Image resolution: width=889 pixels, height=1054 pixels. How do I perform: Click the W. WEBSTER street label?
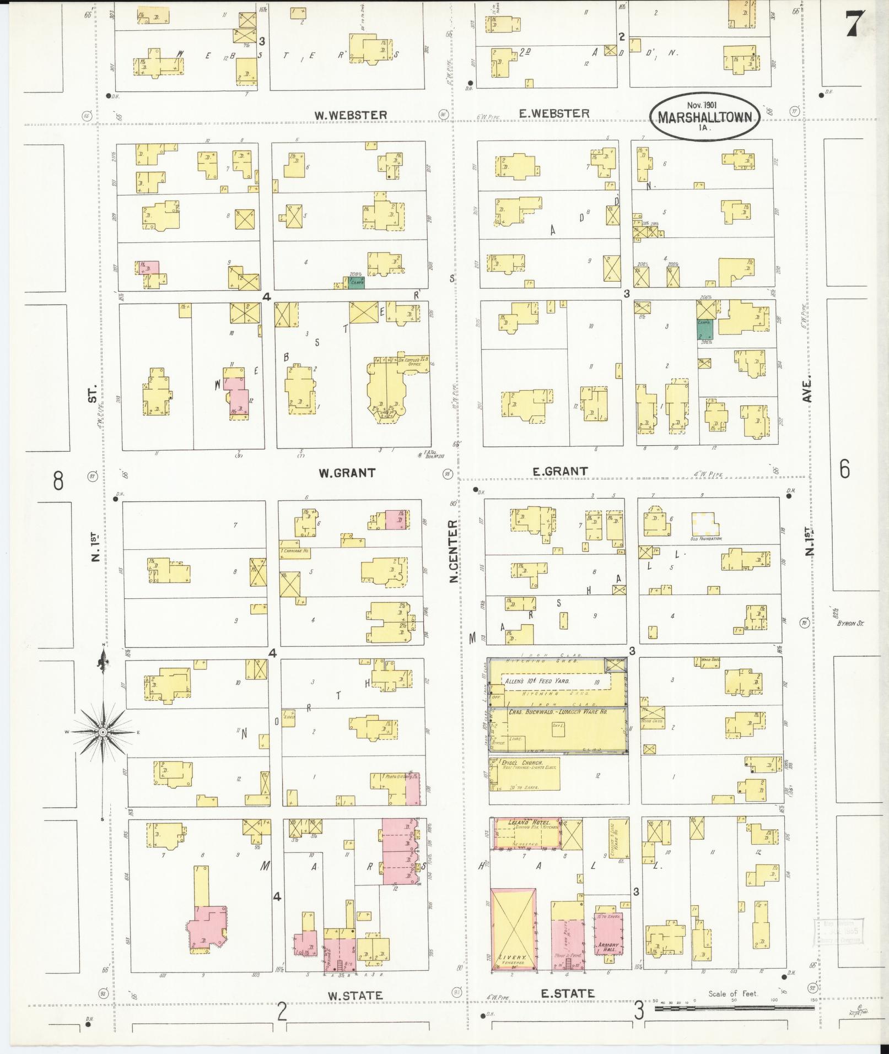[x=350, y=115]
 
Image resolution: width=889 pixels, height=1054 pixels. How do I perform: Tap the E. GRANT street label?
[x=560, y=471]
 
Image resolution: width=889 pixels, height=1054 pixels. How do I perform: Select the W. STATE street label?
[x=355, y=996]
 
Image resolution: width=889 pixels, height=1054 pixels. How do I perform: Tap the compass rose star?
[x=103, y=732]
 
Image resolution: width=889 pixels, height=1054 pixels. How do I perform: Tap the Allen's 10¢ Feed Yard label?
[x=529, y=682]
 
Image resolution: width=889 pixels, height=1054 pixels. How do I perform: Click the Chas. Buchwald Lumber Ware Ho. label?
[x=557, y=712]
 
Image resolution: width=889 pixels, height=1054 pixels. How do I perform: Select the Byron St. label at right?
[x=850, y=624]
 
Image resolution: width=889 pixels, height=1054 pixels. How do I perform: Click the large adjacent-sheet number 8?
[x=58, y=480]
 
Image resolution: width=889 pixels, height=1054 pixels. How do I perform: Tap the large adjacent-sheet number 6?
[x=844, y=469]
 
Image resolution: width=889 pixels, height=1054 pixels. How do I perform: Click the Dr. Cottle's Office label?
[x=411, y=362]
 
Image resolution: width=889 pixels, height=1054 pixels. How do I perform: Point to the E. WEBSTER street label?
[x=554, y=113]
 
